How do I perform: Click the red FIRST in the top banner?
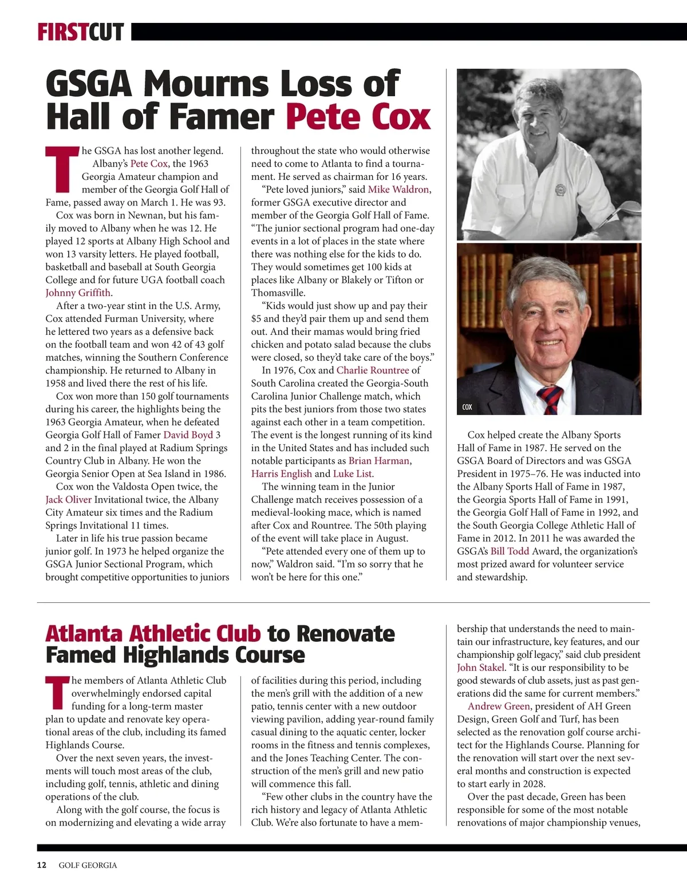pos(62,32)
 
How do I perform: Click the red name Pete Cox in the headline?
pos(358,116)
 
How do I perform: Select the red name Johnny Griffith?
pos(78,293)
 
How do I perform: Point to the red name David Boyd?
pos(188,435)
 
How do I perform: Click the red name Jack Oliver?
pos(68,499)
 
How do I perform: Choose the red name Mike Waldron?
pos(398,190)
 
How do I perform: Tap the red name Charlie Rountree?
pos(373,370)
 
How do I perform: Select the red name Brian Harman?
pos(379,460)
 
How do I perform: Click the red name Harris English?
pos(281,473)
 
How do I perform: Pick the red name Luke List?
pos(352,473)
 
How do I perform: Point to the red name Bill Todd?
pos(510,551)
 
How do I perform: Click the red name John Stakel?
pos(480,668)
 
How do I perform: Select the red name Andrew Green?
pos(499,706)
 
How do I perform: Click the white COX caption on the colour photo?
pos(467,407)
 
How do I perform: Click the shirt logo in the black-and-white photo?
pos(560,189)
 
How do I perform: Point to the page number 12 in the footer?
pos(41,865)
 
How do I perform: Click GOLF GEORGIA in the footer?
pos(88,865)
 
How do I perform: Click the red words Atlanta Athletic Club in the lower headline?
pos(153,634)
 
